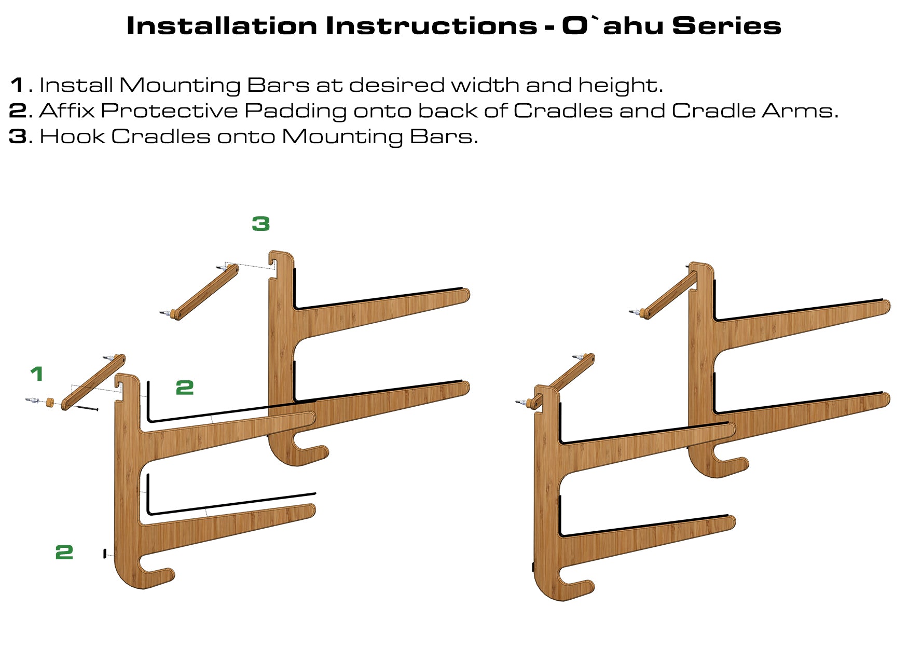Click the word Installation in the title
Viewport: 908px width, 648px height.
click(x=222, y=26)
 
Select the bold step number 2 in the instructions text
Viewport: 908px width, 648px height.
click(x=18, y=111)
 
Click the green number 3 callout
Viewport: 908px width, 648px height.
click(x=261, y=224)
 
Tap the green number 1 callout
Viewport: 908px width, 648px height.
click(x=36, y=374)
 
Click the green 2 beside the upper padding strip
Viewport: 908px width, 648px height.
click(x=185, y=388)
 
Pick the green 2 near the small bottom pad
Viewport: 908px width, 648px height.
click(x=64, y=552)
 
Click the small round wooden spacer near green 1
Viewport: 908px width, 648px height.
click(x=50, y=403)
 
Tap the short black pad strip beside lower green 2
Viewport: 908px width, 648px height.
click(x=105, y=554)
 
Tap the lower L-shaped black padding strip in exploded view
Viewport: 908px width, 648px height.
click(x=231, y=503)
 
